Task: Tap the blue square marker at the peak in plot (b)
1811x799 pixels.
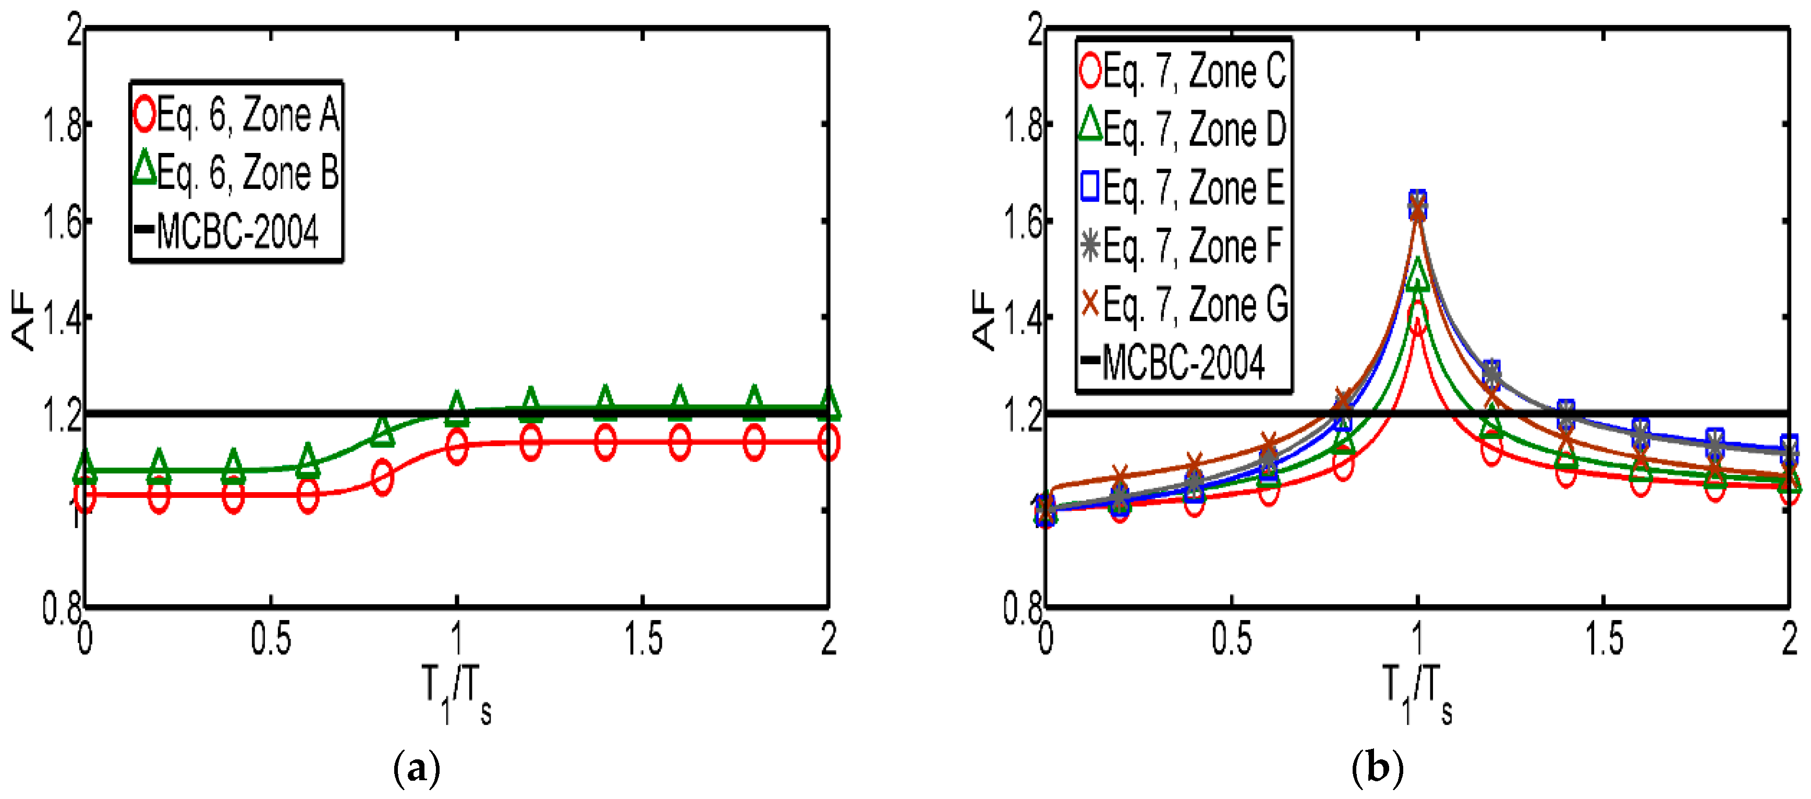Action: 1417,201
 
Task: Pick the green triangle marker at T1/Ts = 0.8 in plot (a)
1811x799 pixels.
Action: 382,431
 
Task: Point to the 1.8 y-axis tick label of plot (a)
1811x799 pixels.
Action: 62,127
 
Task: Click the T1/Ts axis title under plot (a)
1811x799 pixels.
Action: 456,693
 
